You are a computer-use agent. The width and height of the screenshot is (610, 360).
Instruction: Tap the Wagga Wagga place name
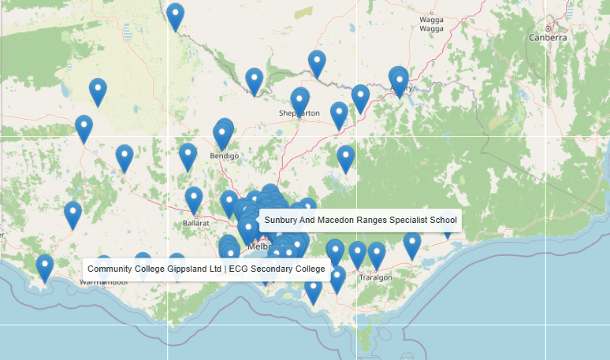tap(431, 24)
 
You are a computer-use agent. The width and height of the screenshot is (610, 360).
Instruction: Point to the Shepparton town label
tap(299, 113)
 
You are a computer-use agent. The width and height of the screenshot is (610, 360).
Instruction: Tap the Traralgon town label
tap(375, 277)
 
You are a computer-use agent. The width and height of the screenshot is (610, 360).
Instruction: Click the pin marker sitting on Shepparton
tap(299, 100)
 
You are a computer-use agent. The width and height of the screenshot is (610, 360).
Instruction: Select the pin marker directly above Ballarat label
tap(194, 199)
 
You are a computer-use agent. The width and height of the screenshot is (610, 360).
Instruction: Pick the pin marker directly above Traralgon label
tap(377, 254)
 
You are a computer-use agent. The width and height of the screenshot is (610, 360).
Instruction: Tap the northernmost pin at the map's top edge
tap(175, 15)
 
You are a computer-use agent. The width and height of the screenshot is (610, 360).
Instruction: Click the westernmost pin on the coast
tap(45, 266)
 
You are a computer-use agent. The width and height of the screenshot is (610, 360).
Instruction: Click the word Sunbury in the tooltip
tap(282, 221)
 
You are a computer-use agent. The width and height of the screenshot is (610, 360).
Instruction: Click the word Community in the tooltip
tap(110, 269)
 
